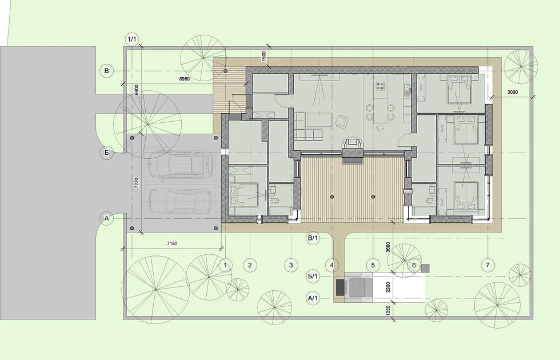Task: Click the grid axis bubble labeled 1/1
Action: (132, 39)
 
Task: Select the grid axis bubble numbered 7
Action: (487, 265)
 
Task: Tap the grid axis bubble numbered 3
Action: (291, 265)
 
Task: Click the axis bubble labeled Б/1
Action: (313, 276)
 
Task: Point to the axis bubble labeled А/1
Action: (313, 298)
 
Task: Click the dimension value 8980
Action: (184, 79)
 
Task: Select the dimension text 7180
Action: (172, 243)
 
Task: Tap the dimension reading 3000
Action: (512, 92)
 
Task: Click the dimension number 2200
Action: (388, 287)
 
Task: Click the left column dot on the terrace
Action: (332, 197)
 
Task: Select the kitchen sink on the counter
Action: (407, 87)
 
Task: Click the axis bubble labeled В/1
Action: (313, 238)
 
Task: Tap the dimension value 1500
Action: (265, 56)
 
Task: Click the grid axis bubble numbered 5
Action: (373, 265)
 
